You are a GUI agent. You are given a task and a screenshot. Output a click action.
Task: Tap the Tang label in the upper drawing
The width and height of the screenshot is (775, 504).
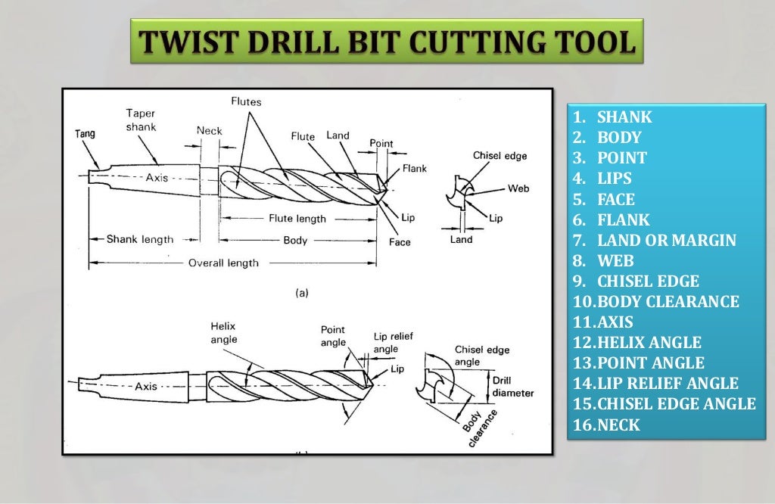[85, 133]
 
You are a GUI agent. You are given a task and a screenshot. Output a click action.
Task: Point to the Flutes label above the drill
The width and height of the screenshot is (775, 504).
[246, 101]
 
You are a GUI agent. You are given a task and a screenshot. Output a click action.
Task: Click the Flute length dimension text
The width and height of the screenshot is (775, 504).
[297, 219]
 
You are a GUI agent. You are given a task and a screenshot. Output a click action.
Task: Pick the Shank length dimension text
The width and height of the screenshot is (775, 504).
[139, 239]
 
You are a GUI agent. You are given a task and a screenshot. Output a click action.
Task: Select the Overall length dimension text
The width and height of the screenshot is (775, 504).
[223, 263]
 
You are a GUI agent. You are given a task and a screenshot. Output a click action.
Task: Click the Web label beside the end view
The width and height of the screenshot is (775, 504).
[518, 188]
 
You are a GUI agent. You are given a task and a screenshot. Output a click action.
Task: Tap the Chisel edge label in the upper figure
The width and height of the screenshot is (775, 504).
[500, 156]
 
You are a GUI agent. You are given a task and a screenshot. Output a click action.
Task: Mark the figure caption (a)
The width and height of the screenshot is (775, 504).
[301, 294]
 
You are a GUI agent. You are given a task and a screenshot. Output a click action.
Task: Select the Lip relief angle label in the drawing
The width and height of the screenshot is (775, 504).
[393, 342]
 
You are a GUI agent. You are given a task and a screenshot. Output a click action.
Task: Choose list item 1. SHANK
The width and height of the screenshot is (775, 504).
[613, 117]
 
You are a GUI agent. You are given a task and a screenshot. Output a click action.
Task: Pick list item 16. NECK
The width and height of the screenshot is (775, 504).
[607, 425]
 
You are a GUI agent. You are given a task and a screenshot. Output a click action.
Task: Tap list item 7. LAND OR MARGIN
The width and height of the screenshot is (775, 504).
[655, 241]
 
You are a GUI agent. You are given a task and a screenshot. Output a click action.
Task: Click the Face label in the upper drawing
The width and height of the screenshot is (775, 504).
[400, 242]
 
